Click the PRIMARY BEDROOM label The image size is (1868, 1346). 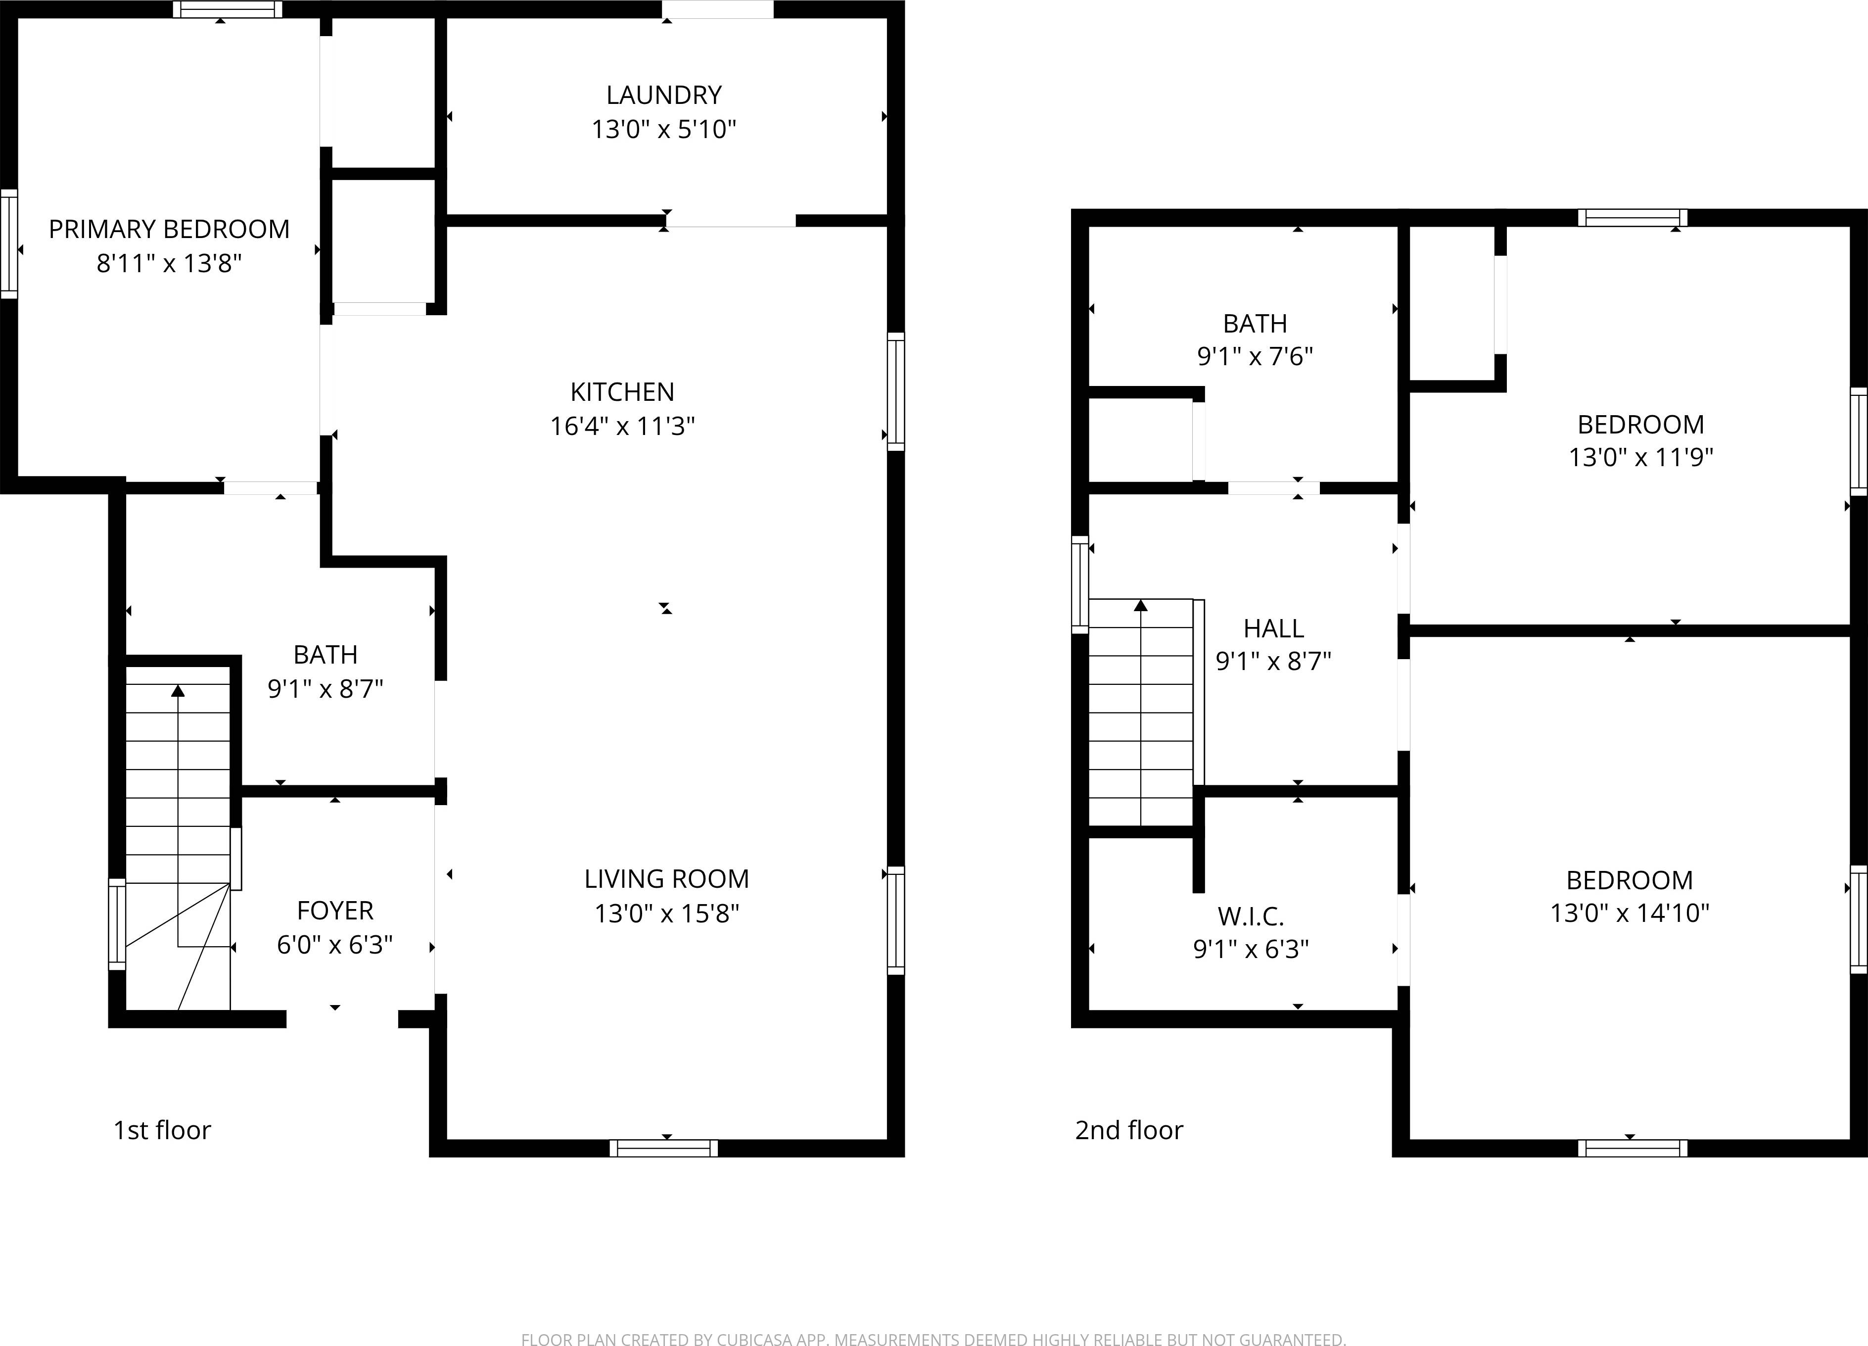tap(169, 229)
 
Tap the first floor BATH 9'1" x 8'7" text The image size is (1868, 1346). tap(326, 689)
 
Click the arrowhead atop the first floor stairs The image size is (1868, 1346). tap(178, 690)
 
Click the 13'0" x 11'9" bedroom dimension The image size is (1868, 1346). tap(1640, 457)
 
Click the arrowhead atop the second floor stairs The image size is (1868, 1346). tap(1141, 606)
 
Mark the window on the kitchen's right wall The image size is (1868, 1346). tap(895, 391)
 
